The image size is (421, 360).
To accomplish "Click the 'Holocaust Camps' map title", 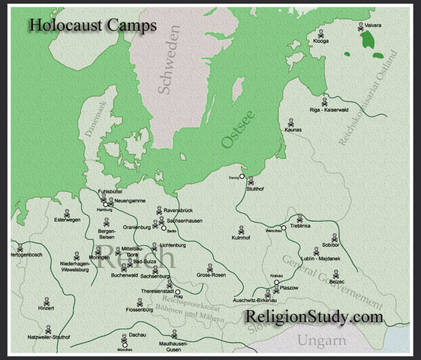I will click(93, 25).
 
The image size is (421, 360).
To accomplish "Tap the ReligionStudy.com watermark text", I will click(314, 317).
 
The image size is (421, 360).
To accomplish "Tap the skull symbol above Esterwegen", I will click(65, 212).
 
